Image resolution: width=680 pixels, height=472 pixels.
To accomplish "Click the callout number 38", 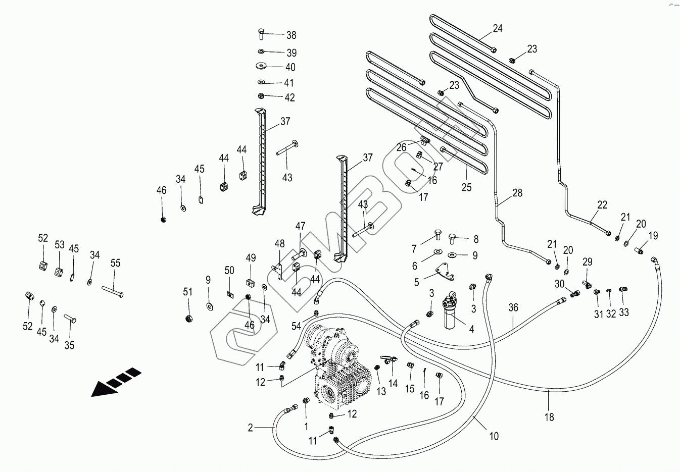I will [x=292, y=35].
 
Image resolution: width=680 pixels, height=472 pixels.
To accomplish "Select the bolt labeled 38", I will [x=261, y=33].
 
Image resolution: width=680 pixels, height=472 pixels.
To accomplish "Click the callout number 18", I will [x=549, y=417].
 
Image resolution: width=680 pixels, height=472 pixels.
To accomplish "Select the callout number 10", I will [x=494, y=436].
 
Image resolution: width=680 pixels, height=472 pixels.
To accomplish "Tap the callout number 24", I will [x=498, y=28].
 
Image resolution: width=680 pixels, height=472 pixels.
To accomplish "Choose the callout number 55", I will [x=115, y=263].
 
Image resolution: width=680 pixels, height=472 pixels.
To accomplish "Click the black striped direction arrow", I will [x=115, y=382].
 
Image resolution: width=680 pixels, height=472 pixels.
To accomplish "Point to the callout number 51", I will [x=188, y=292].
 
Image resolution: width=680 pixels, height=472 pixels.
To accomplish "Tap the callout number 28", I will [x=517, y=193].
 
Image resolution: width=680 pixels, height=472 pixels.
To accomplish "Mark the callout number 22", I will [x=602, y=205].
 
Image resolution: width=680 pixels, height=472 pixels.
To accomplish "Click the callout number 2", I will [x=250, y=428].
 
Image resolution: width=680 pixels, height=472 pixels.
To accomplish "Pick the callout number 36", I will [x=513, y=307].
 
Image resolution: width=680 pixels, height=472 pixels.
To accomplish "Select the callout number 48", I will [x=279, y=244].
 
